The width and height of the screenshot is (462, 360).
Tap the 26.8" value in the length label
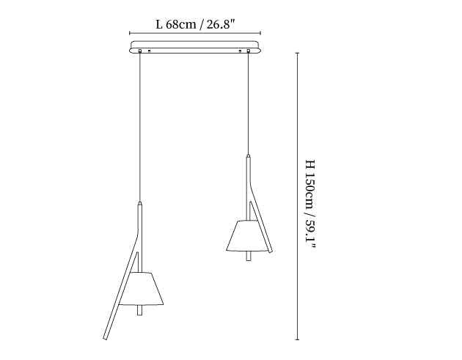[x=221, y=24]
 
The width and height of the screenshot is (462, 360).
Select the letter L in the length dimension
[x=159, y=24]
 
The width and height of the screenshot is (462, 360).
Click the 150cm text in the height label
[x=310, y=189]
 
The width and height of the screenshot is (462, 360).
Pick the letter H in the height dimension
[x=310, y=164]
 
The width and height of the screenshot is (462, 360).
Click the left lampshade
[x=142, y=288]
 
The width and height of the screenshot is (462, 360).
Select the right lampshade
[x=249, y=235]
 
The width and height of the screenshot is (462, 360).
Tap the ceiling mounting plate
[x=196, y=47]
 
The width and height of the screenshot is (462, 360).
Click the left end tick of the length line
[x=130, y=33]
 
